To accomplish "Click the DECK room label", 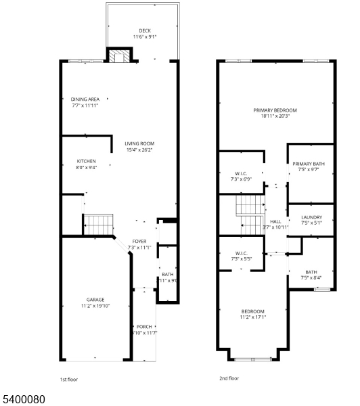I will coord(145,30).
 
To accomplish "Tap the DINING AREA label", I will coord(86,99).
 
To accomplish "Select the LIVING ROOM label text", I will coord(140,143).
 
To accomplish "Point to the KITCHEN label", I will coord(87,161).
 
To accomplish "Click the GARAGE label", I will coord(95,299).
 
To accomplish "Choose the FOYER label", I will coord(139,241).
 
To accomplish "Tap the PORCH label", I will coord(144,326).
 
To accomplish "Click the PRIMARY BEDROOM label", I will coord(275,110).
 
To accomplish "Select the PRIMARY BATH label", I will coord(309,164).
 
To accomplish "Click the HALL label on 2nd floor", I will coord(275,221).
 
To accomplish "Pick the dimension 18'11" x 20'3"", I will coord(275,116).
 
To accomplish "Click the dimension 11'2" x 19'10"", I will coord(95,305).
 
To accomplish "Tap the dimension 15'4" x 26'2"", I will coord(140,150).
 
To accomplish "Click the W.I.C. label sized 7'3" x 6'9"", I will coord(240,173).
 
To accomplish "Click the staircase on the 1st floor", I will coord(97,224).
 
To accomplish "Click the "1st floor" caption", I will coord(70,380).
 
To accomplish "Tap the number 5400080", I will coord(24,399).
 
